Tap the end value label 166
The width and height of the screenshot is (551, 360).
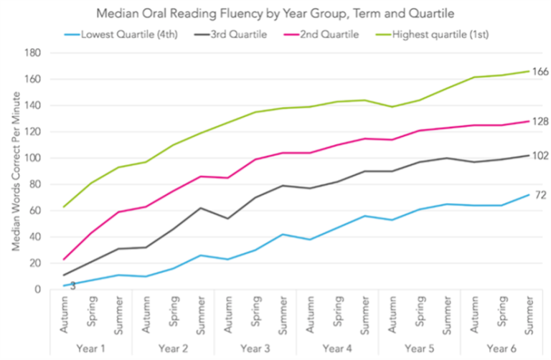click(540, 72)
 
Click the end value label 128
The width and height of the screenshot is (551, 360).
click(540, 121)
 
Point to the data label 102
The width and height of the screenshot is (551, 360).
click(540, 155)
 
